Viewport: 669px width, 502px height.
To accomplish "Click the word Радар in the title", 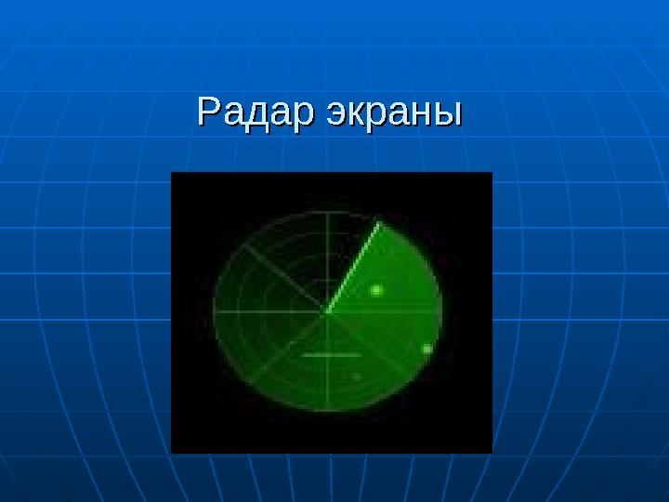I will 247,113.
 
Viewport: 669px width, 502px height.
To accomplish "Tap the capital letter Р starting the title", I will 208,112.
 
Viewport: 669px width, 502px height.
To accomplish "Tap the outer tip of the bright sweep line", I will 379,222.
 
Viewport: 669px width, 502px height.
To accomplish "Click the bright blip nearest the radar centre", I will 376,290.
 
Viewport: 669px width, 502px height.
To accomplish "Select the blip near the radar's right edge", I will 427,349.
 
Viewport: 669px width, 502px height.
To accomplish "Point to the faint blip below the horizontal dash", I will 357,376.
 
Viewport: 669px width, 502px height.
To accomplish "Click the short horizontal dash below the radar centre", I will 331,355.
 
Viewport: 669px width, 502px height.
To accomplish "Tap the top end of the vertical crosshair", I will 327,213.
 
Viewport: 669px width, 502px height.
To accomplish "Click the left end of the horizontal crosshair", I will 215,311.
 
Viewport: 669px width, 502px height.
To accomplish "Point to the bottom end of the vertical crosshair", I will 327,412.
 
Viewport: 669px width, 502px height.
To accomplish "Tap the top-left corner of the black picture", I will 172,173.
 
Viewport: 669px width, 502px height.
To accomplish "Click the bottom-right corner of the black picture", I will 491,452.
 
